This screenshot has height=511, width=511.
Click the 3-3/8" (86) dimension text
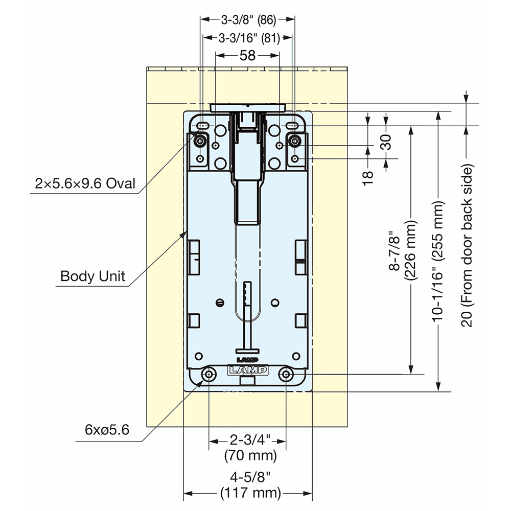(x=248, y=20)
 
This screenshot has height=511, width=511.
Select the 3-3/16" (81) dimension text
(x=248, y=38)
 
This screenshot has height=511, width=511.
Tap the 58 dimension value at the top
(x=247, y=55)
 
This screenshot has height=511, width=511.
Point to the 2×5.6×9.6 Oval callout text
(x=86, y=183)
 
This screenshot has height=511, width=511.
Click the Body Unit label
(x=92, y=276)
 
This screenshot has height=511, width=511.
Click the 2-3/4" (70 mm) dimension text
(x=248, y=447)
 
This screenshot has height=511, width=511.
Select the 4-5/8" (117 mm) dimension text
(x=248, y=485)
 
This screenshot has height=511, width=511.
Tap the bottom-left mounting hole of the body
(x=209, y=375)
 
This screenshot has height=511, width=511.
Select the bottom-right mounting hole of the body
(x=286, y=375)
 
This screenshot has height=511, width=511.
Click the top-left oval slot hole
(x=203, y=126)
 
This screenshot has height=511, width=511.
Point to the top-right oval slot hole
(x=292, y=126)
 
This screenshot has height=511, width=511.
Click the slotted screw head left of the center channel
(x=220, y=302)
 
